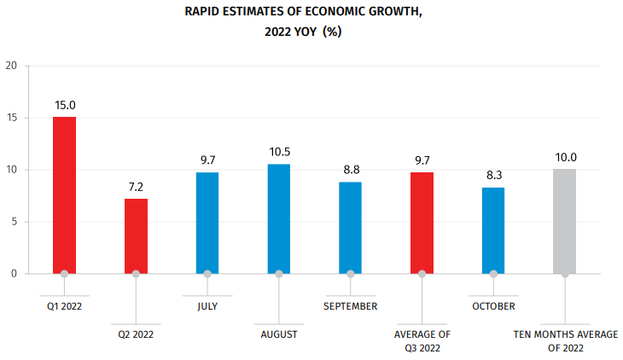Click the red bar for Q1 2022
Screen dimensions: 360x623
click(64, 195)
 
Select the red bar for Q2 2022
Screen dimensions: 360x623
click(136, 235)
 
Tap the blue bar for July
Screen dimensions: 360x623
click(207, 223)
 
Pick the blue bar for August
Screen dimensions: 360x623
click(279, 218)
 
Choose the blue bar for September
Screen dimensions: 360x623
click(351, 228)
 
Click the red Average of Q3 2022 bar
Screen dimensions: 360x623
click(422, 223)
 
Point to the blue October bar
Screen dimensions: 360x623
click(493, 230)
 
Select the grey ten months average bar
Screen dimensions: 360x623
click(565, 221)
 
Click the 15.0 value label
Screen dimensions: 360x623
click(65, 105)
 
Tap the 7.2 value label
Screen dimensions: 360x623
click(137, 186)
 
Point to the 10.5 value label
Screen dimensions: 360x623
click(279, 152)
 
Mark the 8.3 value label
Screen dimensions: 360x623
click(493, 175)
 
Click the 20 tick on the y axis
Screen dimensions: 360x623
click(10, 66)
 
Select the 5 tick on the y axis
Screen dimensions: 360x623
click(13, 222)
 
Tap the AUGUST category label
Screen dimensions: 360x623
click(279, 334)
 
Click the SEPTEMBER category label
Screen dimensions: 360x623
click(351, 305)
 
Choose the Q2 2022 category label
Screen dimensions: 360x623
click(136, 334)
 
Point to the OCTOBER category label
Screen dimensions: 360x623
click(493, 305)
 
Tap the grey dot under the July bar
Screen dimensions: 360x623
click(207, 274)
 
